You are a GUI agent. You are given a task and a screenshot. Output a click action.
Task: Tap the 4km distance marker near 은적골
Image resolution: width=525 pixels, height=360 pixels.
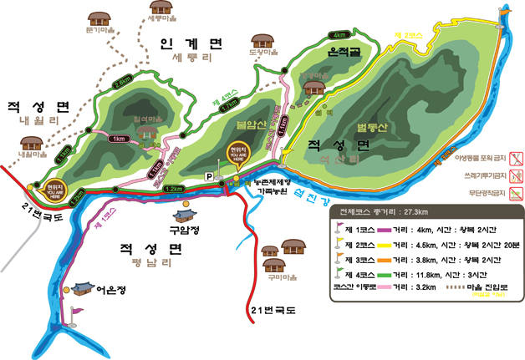(x=339, y=35)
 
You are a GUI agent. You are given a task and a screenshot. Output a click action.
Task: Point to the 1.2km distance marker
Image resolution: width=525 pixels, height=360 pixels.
(x=174, y=190)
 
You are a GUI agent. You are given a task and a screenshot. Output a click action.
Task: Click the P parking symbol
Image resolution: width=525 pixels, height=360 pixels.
(x=209, y=176)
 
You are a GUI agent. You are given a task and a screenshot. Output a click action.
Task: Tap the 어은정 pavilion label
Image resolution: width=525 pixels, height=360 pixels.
(x=110, y=291)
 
